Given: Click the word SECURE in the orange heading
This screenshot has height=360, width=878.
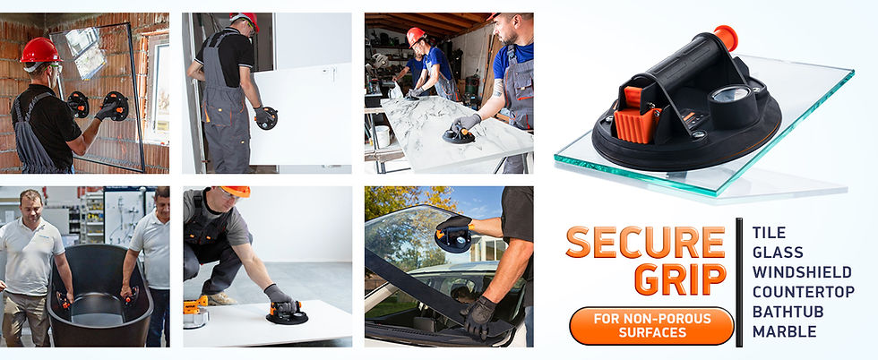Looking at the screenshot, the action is coord(646,242).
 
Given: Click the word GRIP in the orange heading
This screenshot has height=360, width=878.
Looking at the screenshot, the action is coord(680,279).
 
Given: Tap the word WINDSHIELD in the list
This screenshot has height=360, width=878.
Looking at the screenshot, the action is coord(802,272).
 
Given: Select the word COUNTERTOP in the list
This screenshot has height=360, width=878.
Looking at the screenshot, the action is coord(804,292).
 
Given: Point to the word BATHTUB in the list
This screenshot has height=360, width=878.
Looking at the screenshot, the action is coord(788,312).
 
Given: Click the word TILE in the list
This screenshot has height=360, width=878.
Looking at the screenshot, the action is coord(769,232).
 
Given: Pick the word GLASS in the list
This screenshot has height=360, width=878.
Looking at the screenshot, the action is coord(778,252).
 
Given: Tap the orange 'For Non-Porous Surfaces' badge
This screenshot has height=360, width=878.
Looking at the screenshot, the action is coord(651,326).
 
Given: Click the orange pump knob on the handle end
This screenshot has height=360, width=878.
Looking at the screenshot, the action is coord(726,38).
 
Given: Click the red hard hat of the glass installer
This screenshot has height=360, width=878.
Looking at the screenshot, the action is coord(40,50).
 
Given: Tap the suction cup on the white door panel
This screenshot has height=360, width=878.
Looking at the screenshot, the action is coord(266,117).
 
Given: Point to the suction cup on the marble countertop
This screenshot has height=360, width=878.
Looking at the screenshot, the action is coord(459,135).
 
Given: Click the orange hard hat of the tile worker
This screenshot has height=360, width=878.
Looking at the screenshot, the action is coord(235,191).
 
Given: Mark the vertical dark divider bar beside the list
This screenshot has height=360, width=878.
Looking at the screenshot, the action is coord(738,282).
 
